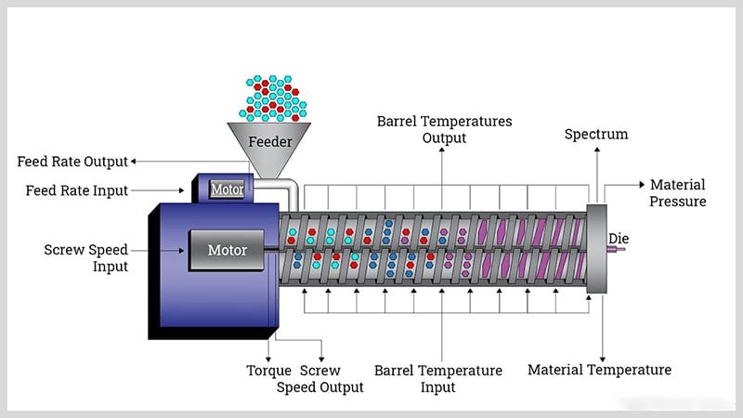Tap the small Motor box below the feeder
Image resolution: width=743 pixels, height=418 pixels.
point(228,189)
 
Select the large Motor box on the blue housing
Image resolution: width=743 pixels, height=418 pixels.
point(228,250)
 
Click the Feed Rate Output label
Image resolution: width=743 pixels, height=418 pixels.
point(72,162)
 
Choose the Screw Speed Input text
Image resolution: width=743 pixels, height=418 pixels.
point(85,258)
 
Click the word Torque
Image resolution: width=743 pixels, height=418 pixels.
point(269,371)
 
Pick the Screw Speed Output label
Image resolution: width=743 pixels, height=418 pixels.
point(320,379)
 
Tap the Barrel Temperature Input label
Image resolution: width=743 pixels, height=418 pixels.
point(438,379)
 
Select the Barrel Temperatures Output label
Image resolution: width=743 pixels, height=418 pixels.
point(444,130)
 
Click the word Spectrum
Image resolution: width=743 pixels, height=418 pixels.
point(596,135)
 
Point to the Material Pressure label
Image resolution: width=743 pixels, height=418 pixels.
point(678,193)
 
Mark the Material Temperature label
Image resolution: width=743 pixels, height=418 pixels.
point(599,370)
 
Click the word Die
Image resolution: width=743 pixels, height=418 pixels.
point(619,239)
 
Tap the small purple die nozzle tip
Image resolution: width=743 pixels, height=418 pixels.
point(620,248)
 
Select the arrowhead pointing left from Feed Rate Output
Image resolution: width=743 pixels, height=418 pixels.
point(134,162)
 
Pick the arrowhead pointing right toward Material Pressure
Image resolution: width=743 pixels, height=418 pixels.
point(640,186)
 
